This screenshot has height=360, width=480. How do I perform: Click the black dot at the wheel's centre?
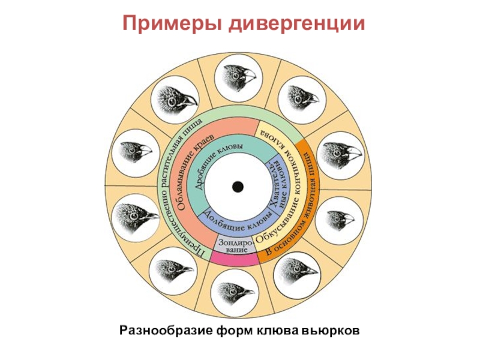click(x=238, y=187)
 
